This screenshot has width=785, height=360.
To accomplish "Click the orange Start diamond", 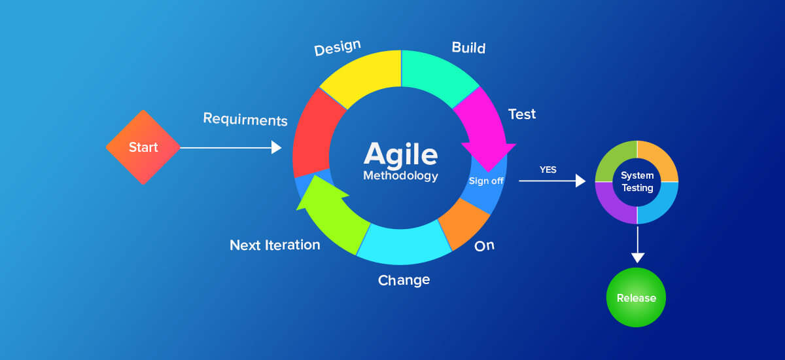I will tap(143, 147).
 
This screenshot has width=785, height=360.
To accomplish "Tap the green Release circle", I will tap(636, 298).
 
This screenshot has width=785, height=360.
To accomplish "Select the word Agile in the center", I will tap(400, 154).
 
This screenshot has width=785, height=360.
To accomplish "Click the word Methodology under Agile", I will tap(400, 176).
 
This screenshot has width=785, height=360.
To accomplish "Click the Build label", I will tap(468, 48).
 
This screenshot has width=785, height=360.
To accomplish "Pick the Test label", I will tap(522, 114).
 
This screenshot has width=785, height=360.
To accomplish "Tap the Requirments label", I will tap(245, 119).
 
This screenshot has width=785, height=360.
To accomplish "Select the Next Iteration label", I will tap(275, 245).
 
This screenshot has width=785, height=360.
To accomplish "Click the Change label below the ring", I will tap(404, 280).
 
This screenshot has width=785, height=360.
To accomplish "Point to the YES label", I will tap(548, 170).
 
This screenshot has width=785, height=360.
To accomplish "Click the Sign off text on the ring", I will tap(486, 181).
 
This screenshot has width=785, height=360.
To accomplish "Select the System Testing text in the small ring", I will tap(637, 182).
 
